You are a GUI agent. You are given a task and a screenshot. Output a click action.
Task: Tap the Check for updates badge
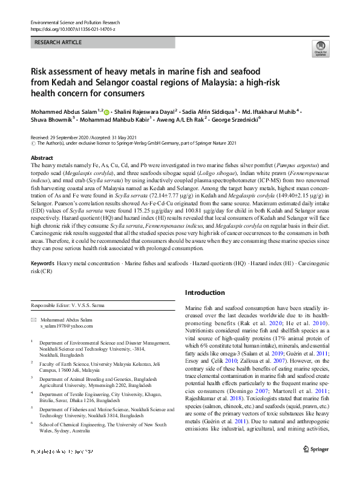tap(320, 50)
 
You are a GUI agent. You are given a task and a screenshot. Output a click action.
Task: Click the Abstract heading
tap(42, 157)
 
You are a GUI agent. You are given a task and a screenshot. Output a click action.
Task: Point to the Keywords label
tap(43, 264)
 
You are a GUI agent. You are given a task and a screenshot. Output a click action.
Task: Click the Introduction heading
tap(205, 292)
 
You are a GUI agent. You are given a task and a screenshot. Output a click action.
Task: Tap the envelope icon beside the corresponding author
tap(34, 319)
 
